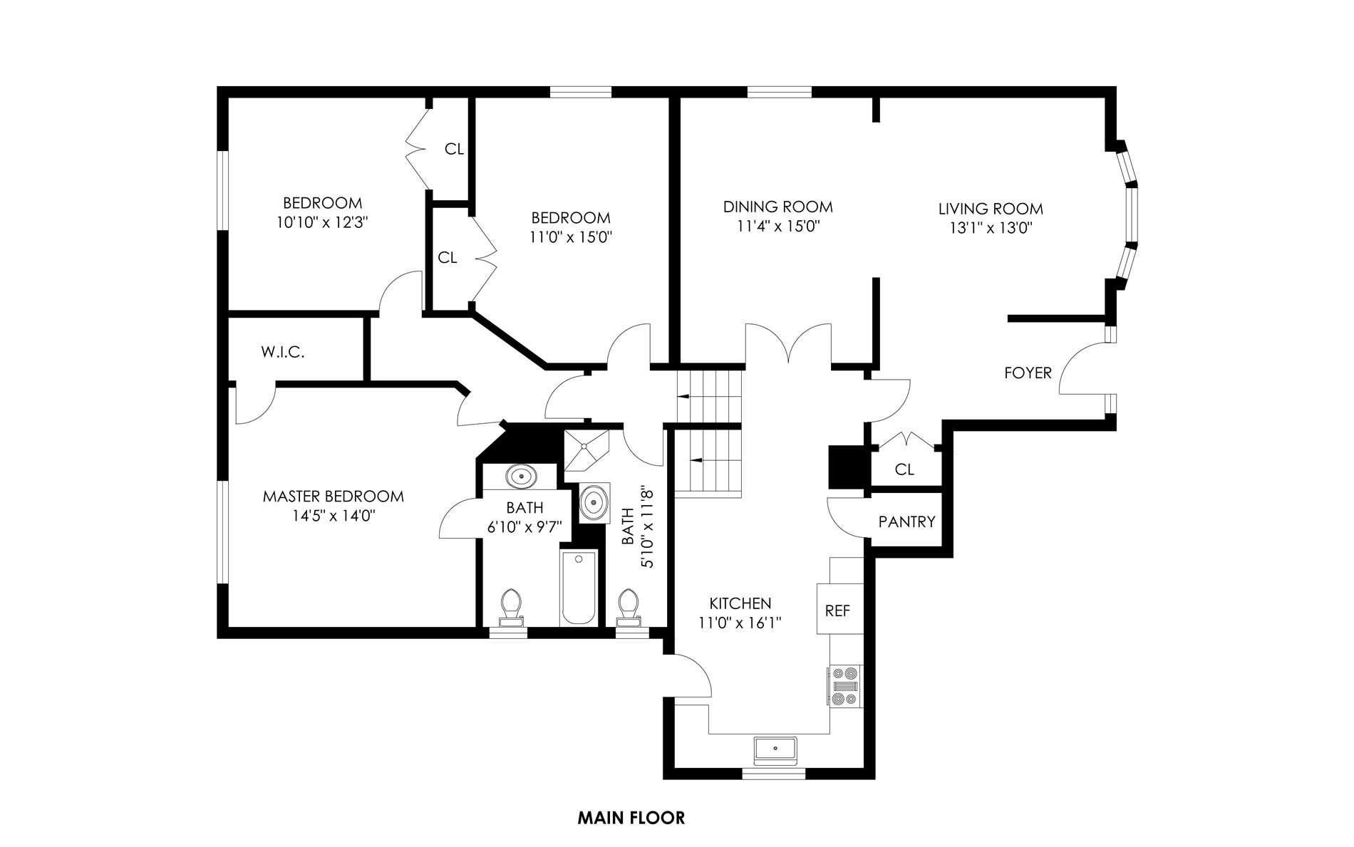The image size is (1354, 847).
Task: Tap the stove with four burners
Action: pos(845,685)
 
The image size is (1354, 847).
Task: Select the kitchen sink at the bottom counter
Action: pos(776,749)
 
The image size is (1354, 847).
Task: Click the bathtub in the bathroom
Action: pos(578,587)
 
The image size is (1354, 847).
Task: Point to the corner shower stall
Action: pos(587,450)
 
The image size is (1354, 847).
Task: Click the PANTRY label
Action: pos(906,522)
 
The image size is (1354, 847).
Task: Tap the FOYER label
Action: pos(1028,373)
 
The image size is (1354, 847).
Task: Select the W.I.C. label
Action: pos(283,352)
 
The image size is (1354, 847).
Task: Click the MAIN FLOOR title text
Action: pos(631,818)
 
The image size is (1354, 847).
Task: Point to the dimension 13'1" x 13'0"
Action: pos(990,228)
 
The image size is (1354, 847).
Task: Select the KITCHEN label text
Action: pos(740,603)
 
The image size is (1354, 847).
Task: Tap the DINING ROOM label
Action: pos(778,207)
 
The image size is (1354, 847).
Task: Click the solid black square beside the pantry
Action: pos(846,467)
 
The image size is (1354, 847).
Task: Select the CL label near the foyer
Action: pos(904,469)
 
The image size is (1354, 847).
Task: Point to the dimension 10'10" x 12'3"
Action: pos(322,222)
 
